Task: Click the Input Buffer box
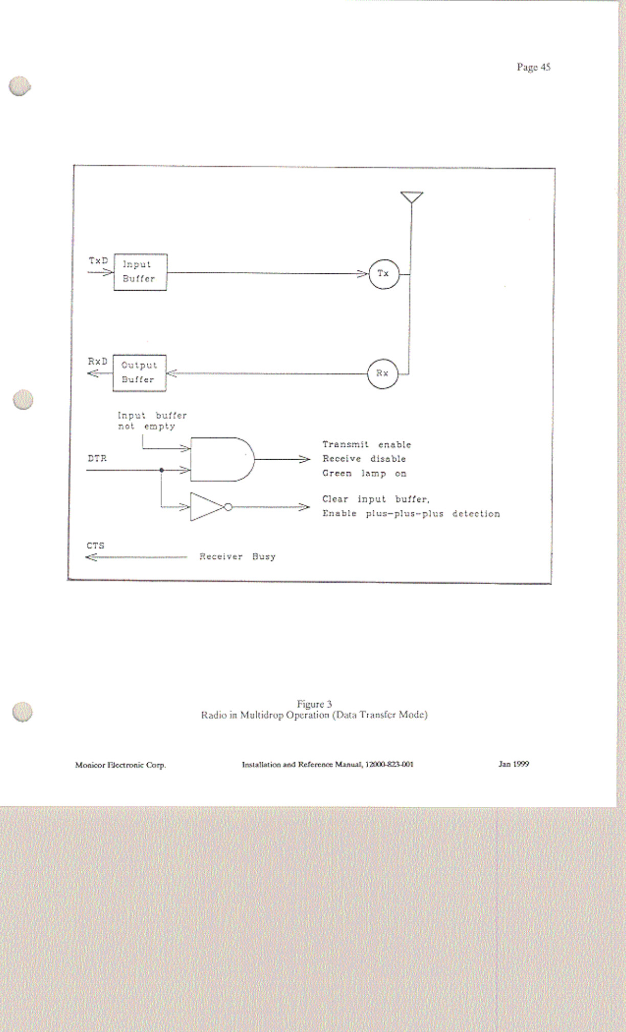coord(140,272)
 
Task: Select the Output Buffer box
coord(139,373)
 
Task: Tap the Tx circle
coord(384,274)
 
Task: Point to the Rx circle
coord(383,374)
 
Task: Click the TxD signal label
coord(98,261)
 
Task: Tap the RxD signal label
coord(98,361)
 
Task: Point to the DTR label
coord(97,459)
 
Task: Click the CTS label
coord(96,546)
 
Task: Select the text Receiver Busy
coord(237,556)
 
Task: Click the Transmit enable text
coord(366,444)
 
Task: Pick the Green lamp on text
coord(364,474)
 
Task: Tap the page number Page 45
coord(533,67)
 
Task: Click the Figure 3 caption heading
coord(314,704)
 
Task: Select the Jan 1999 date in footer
coord(513,764)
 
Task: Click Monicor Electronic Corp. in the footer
coord(120,765)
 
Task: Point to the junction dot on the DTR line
coord(162,470)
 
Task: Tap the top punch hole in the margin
coord(19,87)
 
